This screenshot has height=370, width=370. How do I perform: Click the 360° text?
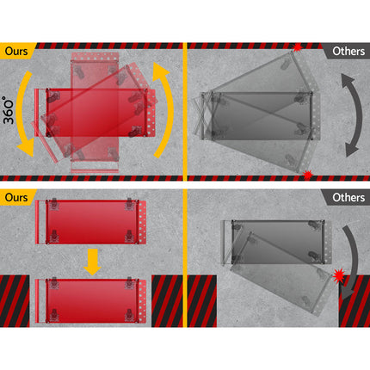coord(9,110)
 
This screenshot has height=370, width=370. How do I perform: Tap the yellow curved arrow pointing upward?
coord(165,109)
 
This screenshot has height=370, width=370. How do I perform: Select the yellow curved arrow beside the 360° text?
coord(22,114)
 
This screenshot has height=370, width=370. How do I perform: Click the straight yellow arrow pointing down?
coord(92,262)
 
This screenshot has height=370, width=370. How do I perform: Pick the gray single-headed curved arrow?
coord(350,262)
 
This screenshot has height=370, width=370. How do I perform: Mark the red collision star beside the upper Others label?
coord(298,47)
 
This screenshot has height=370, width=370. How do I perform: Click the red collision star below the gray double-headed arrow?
coord(308,175)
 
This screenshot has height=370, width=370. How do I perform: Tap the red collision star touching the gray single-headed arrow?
coord(339,275)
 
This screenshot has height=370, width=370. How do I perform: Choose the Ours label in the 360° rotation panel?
coord(16,51)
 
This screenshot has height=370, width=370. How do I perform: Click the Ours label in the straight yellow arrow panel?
coord(16,197)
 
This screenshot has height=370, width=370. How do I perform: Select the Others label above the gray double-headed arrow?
coord(348,52)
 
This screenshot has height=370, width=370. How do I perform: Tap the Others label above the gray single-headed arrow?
coord(348,198)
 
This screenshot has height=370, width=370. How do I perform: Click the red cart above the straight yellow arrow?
coord(90,222)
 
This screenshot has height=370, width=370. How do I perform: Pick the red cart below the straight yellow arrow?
coord(90,300)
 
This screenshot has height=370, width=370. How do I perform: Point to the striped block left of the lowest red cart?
coord(15,301)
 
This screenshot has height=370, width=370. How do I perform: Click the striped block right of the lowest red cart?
coord(167,301)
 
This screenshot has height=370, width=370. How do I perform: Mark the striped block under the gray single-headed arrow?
coord(355,301)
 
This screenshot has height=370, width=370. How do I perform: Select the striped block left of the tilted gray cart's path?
coord(202,301)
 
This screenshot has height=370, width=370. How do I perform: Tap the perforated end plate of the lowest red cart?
coord(143,300)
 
